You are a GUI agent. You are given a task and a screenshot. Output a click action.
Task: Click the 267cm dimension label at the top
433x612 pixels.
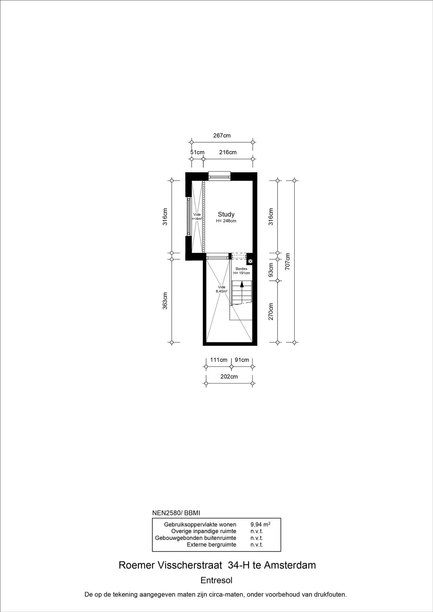(222, 135)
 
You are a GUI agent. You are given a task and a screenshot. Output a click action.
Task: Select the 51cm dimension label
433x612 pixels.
(197, 152)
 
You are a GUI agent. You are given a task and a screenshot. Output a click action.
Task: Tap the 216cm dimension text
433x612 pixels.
(228, 152)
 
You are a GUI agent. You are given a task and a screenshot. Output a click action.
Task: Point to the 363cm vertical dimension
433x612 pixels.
(165, 301)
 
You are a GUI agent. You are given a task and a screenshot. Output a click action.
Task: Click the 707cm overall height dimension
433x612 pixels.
(287, 261)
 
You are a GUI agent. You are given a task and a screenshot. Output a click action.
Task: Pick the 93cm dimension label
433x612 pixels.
(271, 270)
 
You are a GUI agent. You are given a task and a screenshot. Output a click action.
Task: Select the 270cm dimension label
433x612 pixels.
(271, 311)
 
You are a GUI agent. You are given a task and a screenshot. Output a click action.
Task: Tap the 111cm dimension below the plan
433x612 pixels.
(219, 360)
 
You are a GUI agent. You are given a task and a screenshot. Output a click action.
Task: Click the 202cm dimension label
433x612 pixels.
(229, 377)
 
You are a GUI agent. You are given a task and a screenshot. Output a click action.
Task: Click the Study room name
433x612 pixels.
(226, 214)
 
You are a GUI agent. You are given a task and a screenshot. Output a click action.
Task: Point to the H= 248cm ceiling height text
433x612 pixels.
(226, 221)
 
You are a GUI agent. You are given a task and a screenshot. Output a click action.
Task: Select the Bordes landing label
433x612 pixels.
(241, 269)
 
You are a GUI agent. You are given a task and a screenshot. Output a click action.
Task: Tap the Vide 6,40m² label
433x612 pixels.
(222, 289)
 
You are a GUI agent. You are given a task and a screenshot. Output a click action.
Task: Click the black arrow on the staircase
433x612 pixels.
(242, 285)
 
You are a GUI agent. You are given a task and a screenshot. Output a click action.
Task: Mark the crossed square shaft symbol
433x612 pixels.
(250, 261)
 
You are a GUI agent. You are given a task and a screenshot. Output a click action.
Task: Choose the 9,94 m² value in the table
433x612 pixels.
(260, 524)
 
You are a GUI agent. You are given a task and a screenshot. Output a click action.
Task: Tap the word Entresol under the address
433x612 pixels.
(216, 580)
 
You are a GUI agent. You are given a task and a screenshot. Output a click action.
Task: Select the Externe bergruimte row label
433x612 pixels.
(211, 545)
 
